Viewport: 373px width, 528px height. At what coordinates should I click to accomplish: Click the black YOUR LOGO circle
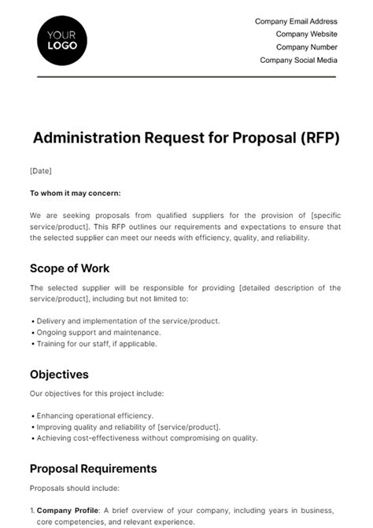pyautogui.click(x=62, y=39)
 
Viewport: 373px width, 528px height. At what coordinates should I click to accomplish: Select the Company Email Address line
pyautogui.click(x=296, y=21)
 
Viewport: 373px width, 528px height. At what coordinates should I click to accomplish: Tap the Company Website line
pyautogui.click(x=306, y=34)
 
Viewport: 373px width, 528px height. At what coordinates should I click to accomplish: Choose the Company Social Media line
pyautogui.click(x=298, y=59)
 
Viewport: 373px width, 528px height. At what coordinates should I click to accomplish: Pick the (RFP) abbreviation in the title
pyautogui.click(x=318, y=138)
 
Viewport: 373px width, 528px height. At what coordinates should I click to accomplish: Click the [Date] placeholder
pyautogui.click(x=40, y=171)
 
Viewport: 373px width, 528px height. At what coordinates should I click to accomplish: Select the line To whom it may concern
pyautogui.click(x=75, y=193)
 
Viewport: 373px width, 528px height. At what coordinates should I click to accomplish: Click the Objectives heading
pyautogui.click(x=59, y=375)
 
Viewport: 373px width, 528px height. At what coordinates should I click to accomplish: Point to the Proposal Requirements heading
pyautogui.click(x=93, y=468)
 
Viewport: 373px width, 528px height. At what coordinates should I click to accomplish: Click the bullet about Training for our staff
pyautogui.click(x=97, y=343)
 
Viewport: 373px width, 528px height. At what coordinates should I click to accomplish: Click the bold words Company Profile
pyautogui.click(x=68, y=510)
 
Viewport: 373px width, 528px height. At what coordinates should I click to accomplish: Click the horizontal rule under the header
pyautogui.click(x=186, y=76)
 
